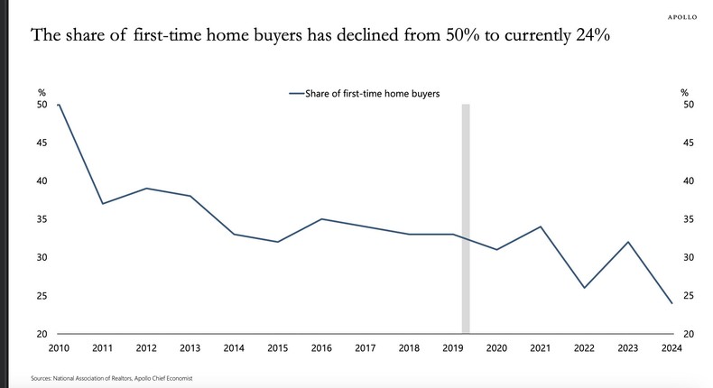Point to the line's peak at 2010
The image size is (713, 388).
[59, 105]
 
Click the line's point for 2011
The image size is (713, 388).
[103, 204]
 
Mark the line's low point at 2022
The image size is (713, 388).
[583, 288]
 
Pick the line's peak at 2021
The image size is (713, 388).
[540, 226]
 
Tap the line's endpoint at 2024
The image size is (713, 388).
[671, 303]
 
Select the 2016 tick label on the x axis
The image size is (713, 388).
[321, 349]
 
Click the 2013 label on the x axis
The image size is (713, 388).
[190, 349]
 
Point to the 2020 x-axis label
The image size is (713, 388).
[495, 349]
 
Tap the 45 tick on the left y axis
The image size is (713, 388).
[42, 143]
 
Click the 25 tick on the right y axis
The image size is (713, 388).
[688, 296]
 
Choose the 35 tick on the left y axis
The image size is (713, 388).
[42, 219]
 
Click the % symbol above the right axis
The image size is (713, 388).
[685, 92]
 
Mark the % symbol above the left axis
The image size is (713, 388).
[42, 92]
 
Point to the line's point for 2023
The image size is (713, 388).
[627, 242]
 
